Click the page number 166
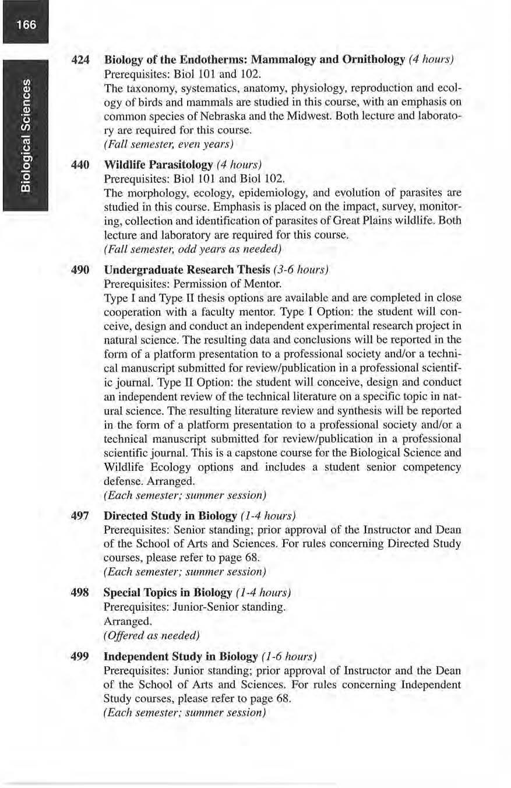coord(24,26)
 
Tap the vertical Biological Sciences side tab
coord(24,135)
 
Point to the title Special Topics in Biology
coord(168,592)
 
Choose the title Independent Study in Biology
coord(181,656)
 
